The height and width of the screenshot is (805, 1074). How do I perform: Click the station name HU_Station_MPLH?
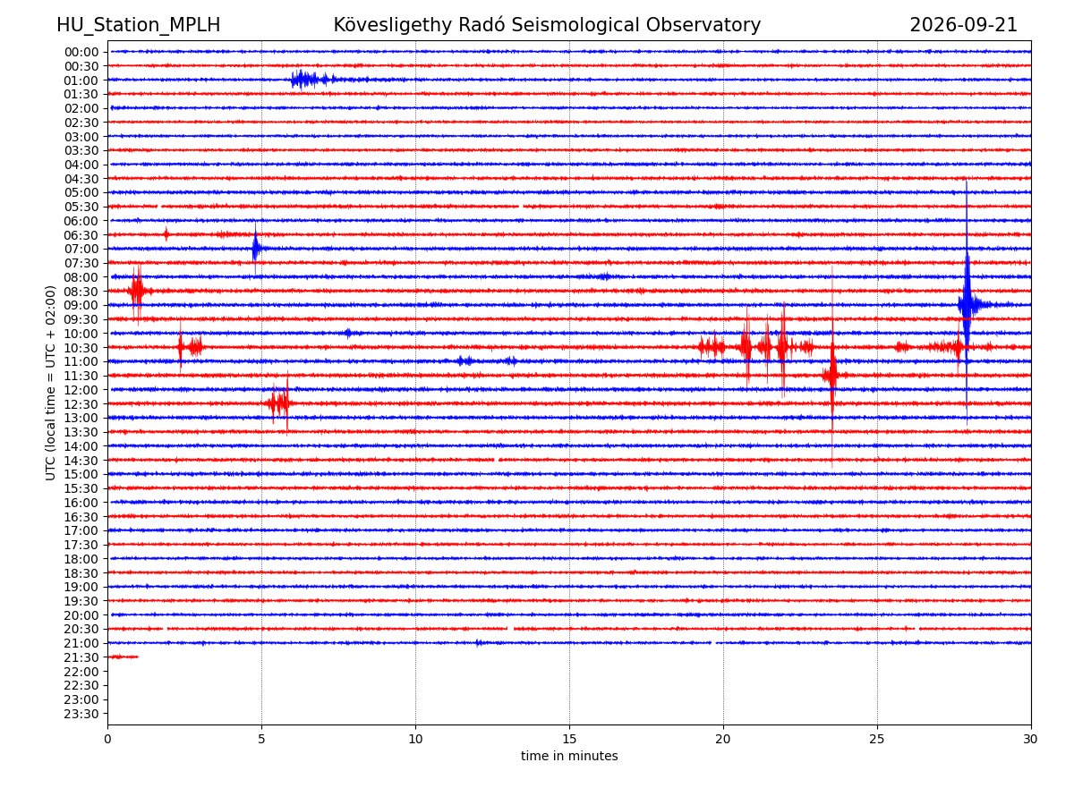coord(138,25)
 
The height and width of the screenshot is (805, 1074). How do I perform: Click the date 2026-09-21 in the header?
coord(963,25)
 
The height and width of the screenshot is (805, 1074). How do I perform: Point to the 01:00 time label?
coord(81,80)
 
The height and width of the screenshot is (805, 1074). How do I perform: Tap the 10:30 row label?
coord(81,348)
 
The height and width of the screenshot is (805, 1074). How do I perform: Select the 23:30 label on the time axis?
coord(81,714)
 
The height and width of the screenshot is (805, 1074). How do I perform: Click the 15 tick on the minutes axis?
coord(569,739)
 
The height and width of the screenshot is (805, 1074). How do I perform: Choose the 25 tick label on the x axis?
coord(877,739)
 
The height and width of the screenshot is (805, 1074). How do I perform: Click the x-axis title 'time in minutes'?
coord(569,756)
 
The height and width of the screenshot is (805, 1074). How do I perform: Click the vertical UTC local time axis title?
coord(50,383)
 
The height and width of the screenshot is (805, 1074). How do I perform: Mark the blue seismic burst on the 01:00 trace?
coord(313,80)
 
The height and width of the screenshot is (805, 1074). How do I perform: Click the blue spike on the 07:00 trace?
coord(255,249)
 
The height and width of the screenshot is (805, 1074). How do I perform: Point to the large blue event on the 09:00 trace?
coord(967,304)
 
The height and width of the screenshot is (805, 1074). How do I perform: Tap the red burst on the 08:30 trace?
coord(138,292)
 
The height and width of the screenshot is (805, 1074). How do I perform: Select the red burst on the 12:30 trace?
coord(279,403)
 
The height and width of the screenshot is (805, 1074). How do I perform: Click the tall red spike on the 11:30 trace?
coord(831,375)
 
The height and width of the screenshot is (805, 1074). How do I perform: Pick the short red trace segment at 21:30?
coord(124,657)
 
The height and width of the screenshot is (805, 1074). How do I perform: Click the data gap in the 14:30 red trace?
coord(496,460)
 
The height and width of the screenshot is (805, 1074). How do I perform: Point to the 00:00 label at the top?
coord(81,52)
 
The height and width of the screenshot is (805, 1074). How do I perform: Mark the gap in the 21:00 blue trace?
coord(713,643)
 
